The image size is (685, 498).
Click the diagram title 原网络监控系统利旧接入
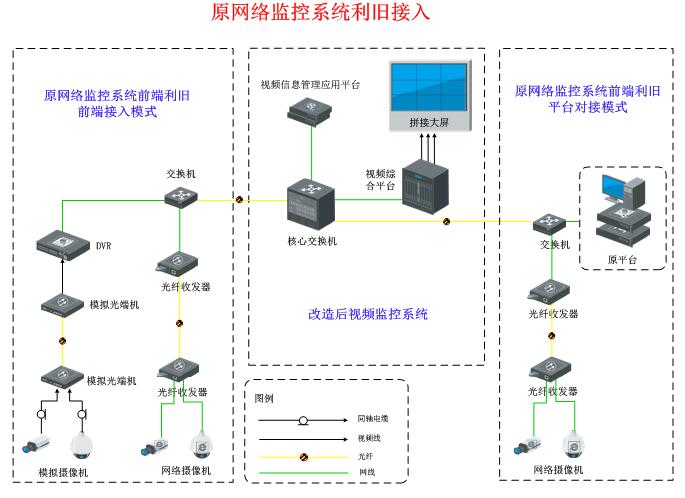(x=321, y=12)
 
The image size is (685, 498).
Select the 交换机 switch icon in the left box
(x=182, y=196)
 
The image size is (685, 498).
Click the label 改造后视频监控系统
(x=368, y=314)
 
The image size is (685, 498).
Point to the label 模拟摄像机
(x=62, y=471)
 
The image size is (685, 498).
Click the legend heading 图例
(x=264, y=398)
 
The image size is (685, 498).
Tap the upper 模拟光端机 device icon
(x=62, y=302)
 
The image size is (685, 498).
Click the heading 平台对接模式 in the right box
(x=587, y=107)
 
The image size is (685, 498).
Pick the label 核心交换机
(x=311, y=240)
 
